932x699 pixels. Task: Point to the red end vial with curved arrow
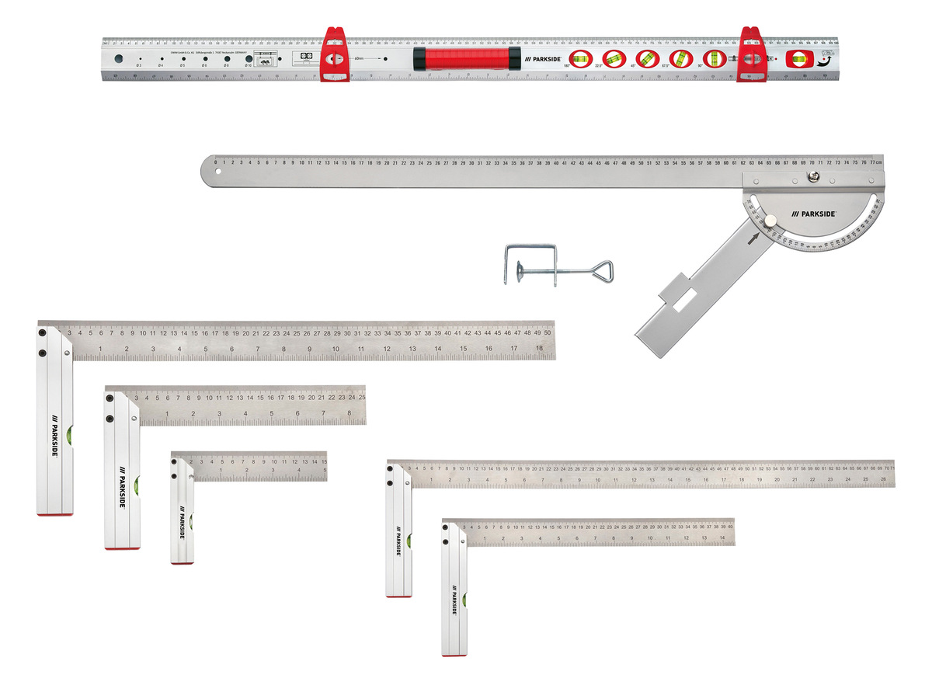coord(798,59)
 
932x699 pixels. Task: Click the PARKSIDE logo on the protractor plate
coord(812,213)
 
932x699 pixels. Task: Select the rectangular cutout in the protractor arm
coord(686,305)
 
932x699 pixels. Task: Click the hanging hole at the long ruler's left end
coord(218,171)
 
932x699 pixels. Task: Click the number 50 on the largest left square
coord(548,332)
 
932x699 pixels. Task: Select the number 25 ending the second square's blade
coord(361,397)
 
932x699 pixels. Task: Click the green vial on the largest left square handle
coord(71,434)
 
